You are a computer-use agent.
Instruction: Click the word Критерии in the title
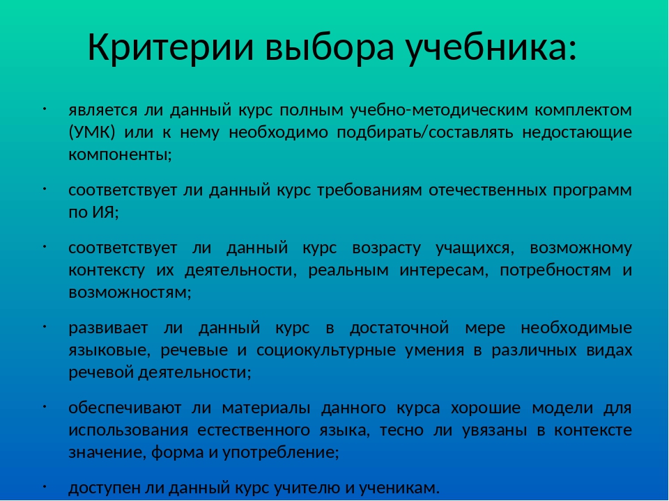170,47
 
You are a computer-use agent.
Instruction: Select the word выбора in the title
328,48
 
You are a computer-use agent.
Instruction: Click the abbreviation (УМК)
92,132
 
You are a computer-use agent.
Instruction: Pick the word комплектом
583,111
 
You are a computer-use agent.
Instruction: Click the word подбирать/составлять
424,132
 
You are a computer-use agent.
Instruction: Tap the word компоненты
118,154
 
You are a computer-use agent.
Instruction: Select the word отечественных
487,190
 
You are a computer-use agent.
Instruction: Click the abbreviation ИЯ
103,212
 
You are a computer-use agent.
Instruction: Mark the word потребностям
555,271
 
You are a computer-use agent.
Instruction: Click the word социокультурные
326,351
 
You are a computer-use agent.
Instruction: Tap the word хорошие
486,408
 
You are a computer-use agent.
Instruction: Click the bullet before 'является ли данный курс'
44,109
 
